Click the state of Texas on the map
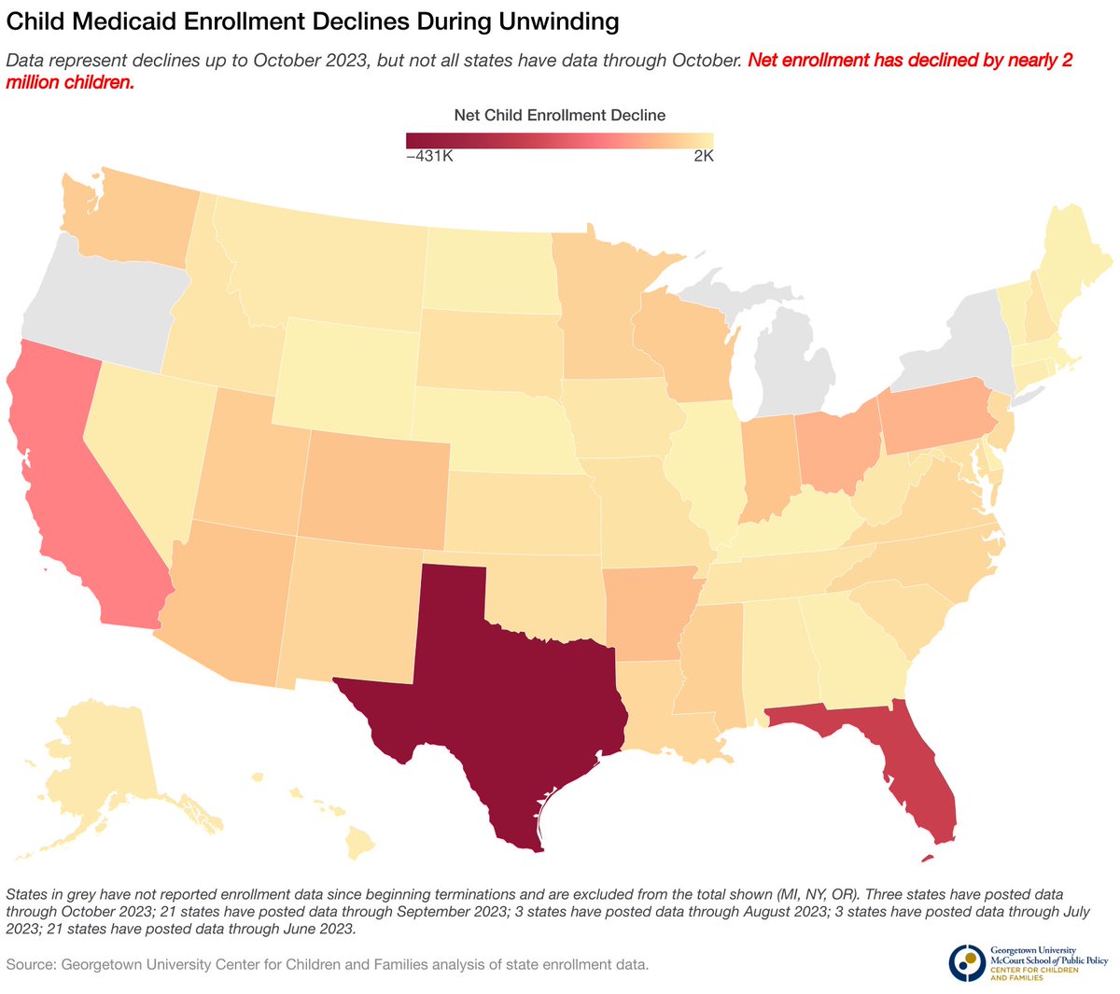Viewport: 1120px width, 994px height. (495, 691)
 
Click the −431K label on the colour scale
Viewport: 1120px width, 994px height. (429, 157)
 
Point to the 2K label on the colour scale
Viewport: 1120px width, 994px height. (703, 157)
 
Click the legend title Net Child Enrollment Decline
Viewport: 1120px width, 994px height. (559, 115)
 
